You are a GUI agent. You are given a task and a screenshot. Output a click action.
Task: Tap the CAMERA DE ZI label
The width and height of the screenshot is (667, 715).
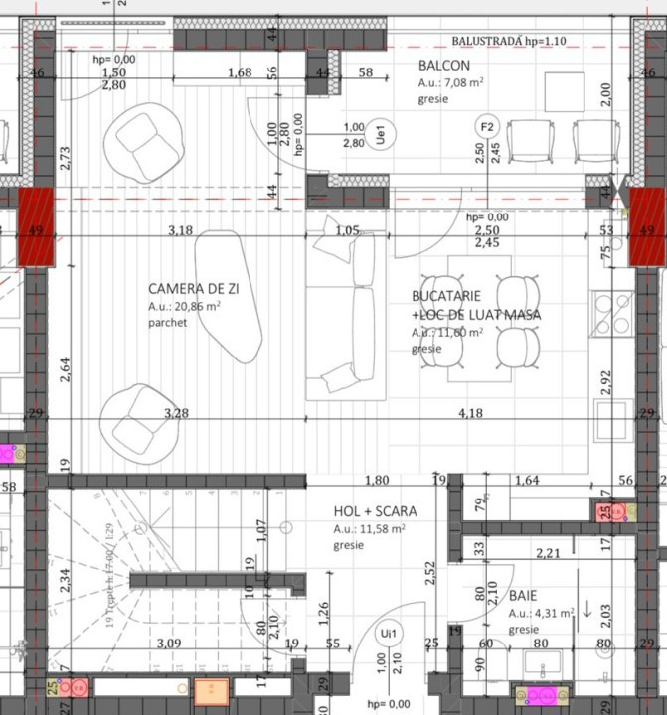[194, 288]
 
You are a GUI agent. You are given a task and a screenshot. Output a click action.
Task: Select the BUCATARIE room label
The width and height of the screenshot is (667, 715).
[447, 296]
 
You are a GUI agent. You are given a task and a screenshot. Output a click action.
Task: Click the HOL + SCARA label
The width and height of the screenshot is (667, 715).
[375, 511]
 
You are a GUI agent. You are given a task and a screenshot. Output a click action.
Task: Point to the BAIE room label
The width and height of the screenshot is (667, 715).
[523, 596]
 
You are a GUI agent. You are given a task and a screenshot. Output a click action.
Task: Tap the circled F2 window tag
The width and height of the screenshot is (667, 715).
[487, 128]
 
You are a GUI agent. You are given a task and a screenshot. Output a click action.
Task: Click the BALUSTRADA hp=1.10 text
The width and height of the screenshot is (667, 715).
[508, 42]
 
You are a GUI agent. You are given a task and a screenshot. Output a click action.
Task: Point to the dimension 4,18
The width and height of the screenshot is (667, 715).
[470, 412]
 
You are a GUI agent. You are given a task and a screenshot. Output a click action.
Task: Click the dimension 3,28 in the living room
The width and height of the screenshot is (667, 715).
[177, 412]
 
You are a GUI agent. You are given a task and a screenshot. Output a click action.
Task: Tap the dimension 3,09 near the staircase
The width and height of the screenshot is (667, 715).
[169, 643]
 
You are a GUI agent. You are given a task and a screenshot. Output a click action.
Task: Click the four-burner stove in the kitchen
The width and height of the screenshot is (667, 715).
[612, 315]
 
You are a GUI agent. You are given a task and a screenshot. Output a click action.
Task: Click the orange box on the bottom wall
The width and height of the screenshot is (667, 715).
[211, 691]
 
